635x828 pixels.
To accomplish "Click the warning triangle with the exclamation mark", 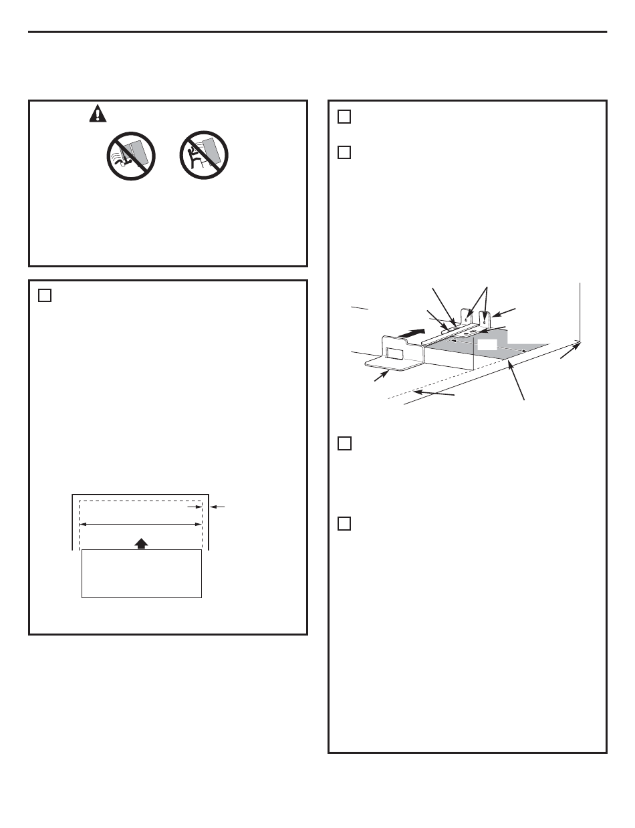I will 98,115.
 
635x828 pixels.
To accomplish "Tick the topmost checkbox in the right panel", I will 344,116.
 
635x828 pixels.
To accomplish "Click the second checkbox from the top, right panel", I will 344,152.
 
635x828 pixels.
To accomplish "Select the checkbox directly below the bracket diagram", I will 344,443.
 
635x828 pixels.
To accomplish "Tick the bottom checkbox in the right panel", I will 344,523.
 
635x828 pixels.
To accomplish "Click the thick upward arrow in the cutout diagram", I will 140,543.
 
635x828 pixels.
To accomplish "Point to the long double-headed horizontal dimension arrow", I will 140,525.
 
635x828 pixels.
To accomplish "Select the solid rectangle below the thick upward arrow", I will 141,573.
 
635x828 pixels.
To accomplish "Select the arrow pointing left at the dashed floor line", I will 434,394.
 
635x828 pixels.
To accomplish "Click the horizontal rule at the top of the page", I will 317,31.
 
